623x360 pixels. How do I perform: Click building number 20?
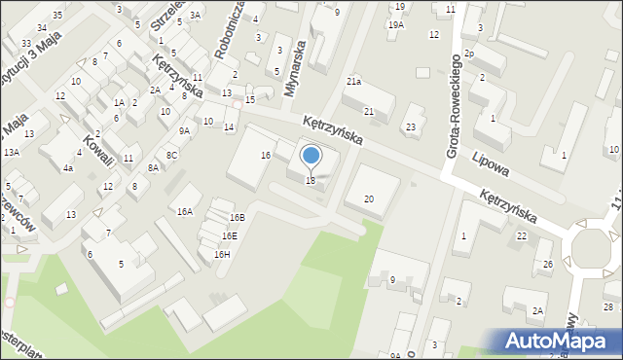[368, 198]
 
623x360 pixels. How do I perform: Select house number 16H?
[222, 254]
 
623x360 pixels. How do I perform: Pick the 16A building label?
[184, 211]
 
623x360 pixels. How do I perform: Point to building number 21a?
[353, 82]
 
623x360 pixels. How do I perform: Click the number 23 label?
[412, 127]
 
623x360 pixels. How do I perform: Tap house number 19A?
[395, 24]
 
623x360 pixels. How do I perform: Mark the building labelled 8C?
[171, 155]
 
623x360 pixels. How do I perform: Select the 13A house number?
[12, 152]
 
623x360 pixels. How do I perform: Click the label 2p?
[468, 53]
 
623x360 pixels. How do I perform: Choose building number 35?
[57, 15]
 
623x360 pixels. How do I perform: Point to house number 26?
[548, 265]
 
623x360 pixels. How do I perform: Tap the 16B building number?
[238, 217]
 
